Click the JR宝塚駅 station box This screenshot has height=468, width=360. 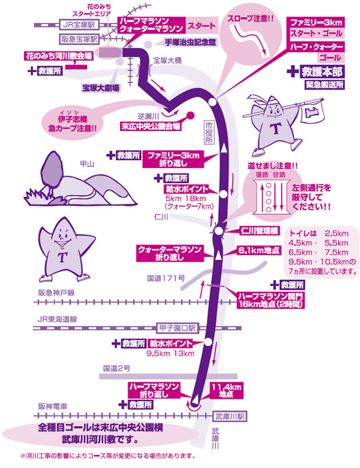79,25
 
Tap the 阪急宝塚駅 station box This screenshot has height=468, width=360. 80,38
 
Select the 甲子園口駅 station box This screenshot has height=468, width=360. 177,328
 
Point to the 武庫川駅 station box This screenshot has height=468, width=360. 230,416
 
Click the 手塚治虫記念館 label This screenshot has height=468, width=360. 191,43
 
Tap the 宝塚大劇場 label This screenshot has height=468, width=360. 101,88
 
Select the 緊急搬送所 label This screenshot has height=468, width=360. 324,85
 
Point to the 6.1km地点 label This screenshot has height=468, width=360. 259,250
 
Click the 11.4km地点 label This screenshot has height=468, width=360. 226,390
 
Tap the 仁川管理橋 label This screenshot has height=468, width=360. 259,231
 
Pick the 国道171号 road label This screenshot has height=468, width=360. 166,279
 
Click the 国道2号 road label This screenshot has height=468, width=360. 117,368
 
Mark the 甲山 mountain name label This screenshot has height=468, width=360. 87,164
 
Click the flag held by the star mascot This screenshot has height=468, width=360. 313,110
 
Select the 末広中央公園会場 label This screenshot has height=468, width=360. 151,126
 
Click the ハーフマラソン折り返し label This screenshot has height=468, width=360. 154,390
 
